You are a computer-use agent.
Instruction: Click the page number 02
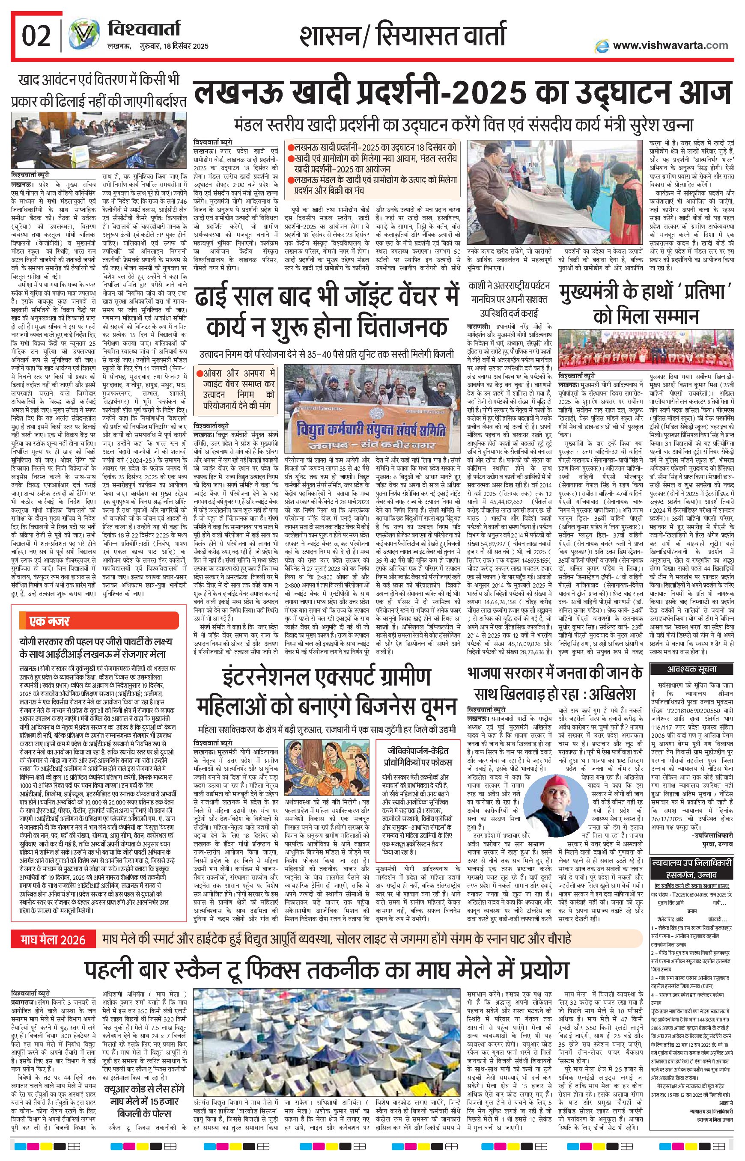[36, 36]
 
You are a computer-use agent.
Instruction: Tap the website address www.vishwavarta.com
[670, 45]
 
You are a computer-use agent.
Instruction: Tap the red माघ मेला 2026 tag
[53, 939]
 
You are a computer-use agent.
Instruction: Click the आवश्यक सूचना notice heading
[692, 669]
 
